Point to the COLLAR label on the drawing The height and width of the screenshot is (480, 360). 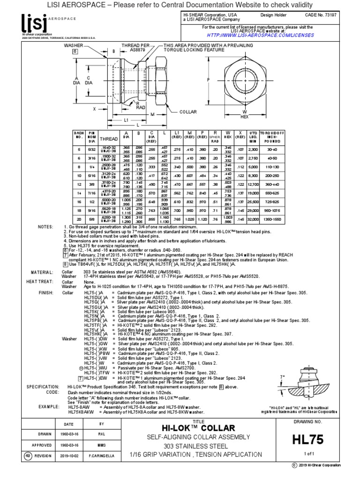188,112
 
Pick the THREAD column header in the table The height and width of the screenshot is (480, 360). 109,139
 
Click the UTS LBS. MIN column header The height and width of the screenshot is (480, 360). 254,137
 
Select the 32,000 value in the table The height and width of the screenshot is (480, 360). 254,218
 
